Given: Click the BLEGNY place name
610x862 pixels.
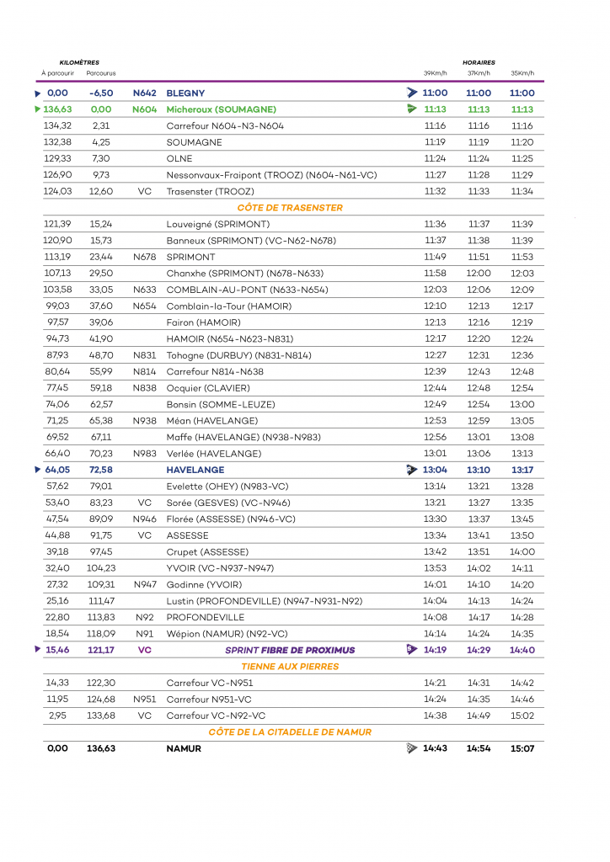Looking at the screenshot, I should (x=185, y=93).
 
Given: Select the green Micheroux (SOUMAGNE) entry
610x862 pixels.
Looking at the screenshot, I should (x=222, y=109).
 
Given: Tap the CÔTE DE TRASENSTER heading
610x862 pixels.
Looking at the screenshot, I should (x=290, y=208).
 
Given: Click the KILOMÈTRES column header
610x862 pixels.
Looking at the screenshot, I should (x=79, y=62).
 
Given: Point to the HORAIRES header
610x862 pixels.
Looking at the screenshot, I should (x=479, y=62).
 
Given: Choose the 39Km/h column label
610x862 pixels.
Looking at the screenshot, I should (x=435, y=73).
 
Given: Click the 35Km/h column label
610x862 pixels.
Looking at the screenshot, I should (x=522, y=73).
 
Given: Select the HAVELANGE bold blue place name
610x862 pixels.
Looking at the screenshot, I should (x=195, y=470).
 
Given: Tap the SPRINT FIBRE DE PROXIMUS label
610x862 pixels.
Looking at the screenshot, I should (x=290, y=651).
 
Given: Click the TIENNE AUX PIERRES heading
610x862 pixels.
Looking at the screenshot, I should (x=290, y=667).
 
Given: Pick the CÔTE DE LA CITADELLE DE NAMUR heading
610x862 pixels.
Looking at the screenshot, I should (x=290, y=732).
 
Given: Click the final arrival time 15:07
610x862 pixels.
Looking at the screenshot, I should (x=522, y=748).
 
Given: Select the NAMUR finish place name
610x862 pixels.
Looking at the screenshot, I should (x=184, y=748).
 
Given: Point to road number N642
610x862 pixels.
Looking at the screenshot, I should (x=145, y=93).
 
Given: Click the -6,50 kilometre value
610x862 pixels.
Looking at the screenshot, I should (x=101, y=93).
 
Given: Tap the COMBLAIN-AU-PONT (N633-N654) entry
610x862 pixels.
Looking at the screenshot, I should (x=230, y=290).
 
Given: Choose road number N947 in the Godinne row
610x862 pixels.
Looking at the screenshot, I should (x=145, y=585).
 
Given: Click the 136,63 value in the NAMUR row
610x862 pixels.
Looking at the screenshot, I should (x=101, y=748).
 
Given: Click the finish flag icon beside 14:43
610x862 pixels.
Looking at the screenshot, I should (x=411, y=748).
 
